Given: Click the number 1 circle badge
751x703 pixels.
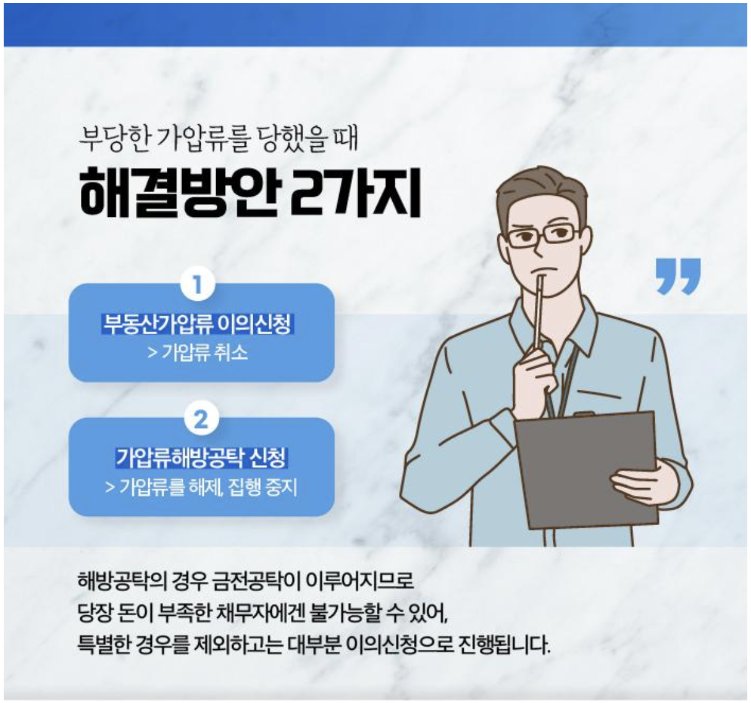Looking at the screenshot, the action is (x=198, y=284).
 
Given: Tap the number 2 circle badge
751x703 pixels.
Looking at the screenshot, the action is (x=201, y=418).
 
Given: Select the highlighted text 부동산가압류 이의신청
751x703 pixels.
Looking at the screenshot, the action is (x=198, y=324).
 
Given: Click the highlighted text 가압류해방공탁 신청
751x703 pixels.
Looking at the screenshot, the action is (x=201, y=458).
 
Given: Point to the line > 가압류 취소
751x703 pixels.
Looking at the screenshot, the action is (x=198, y=353).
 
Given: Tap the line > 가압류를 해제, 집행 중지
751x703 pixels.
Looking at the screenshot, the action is (x=201, y=487).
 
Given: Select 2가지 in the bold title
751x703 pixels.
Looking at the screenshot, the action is (x=356, y=193).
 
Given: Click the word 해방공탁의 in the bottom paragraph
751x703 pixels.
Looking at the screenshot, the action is (x=122, y=581).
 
